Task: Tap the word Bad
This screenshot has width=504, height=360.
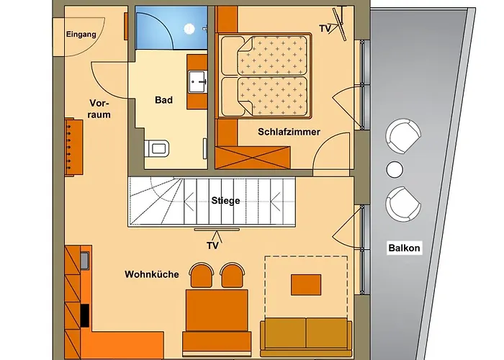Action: tap(163, 100)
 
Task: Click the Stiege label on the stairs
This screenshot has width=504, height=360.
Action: tap(225, 201)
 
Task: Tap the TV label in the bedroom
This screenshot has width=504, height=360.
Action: tap(325, 28)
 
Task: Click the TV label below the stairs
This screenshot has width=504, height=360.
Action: tap(212, 246)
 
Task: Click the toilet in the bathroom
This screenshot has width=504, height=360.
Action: tap(158, 148)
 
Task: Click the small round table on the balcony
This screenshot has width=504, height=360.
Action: tap(395, 169)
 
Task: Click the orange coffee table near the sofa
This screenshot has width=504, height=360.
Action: tap(306, 284)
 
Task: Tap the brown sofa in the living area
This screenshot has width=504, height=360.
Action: tap(306, 331)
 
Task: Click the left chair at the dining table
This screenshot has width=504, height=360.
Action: tap(202, 275)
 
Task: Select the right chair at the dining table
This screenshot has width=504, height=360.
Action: tap(232, 275)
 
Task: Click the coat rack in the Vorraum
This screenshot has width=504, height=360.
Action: tap(73, 146)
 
